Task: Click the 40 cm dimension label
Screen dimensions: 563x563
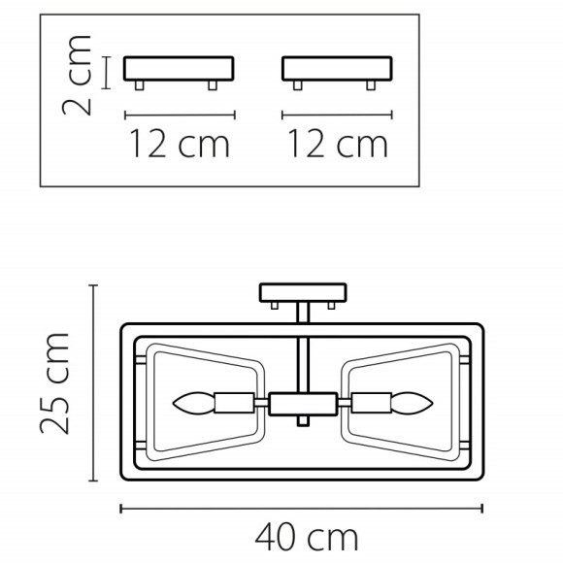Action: (x=307, y=537)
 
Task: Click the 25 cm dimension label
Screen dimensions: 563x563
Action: (x=54, y=383)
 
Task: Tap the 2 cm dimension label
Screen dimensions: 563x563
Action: (x=77, y=75)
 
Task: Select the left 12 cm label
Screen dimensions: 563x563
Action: (x=180, y=144)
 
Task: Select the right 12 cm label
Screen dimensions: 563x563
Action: (x=338, y=144)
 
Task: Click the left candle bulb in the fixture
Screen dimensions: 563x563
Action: (x=193, y=403)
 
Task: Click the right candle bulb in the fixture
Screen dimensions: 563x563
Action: (x=413, y=403)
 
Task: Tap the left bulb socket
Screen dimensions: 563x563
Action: (x=235, y=403)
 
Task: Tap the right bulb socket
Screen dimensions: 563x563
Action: (x=371, y=403)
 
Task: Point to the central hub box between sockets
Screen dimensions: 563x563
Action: (x=303, y=404)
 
